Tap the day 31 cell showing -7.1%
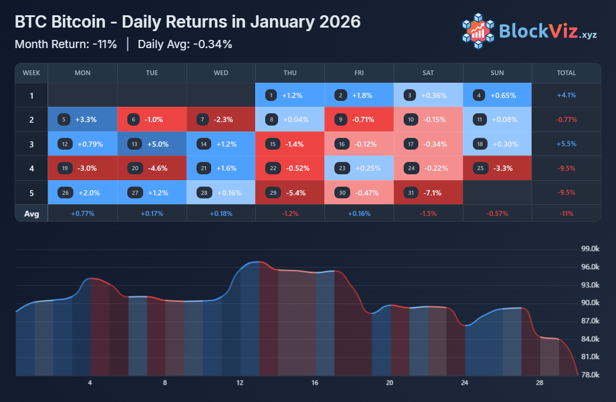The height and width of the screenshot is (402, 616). click(428, 192)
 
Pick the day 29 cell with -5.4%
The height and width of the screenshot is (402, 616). click(290, 192)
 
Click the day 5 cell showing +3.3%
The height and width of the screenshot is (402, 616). click(83, 120)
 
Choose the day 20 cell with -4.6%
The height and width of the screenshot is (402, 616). click(152, 168)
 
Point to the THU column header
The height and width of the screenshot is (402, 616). click(290, 73)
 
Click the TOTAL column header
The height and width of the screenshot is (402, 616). click(566, 73)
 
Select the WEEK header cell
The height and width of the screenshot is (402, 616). click(31, 73)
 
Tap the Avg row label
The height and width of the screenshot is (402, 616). click(31, 214)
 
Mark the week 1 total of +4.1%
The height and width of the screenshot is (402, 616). click(566, 95)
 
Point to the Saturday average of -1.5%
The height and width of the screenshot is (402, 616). click(428, 214)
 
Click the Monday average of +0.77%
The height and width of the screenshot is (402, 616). click(83, 214)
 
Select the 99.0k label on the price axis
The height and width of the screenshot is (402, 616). click(590, 249)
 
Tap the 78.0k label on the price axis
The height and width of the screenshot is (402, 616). click(590, 375)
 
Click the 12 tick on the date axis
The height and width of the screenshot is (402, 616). click(240, 383)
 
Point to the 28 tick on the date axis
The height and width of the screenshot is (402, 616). click(540, 383)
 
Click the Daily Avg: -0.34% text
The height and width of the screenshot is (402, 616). click(185, 45)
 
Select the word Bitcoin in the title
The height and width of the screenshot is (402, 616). click(85, 22)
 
